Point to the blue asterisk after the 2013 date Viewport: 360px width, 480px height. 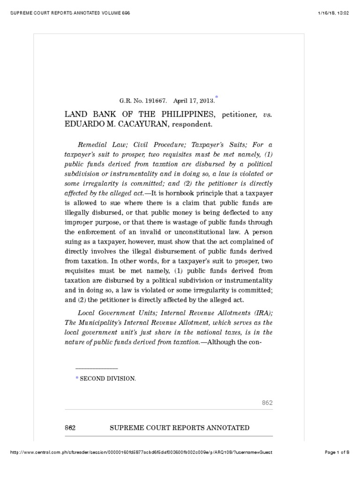[x=217, y=97]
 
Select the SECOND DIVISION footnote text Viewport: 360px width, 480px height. [x=108, y=378]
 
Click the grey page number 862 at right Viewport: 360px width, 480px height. [x=267, y=403]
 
